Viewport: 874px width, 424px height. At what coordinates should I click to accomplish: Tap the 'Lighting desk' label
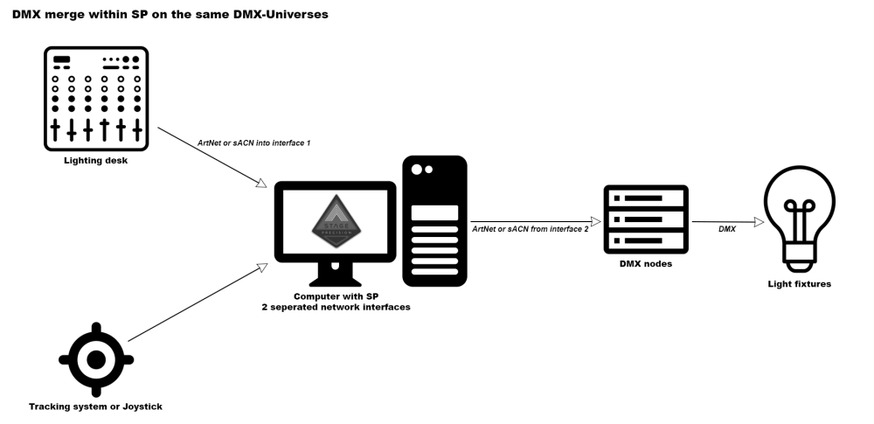(96, 160)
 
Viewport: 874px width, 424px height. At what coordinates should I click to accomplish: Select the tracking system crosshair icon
(96, 358)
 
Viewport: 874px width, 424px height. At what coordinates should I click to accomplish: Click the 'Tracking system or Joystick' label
(96, 406)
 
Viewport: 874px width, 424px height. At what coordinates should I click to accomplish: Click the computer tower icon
(434, 221)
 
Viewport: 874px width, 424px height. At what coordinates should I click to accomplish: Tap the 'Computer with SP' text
(336, 297)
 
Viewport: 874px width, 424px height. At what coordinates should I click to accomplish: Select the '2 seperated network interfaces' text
(336, 308)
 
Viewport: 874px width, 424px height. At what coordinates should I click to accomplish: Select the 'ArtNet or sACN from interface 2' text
(530, 228)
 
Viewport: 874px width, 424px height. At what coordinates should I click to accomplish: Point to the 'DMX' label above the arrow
(726, 228)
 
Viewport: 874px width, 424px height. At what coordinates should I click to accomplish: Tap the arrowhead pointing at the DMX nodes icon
(593, 222)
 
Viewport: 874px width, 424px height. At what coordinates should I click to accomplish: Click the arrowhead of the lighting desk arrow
(261, 184)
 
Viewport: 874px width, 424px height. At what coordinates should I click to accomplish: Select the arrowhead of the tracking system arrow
(261, 263)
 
